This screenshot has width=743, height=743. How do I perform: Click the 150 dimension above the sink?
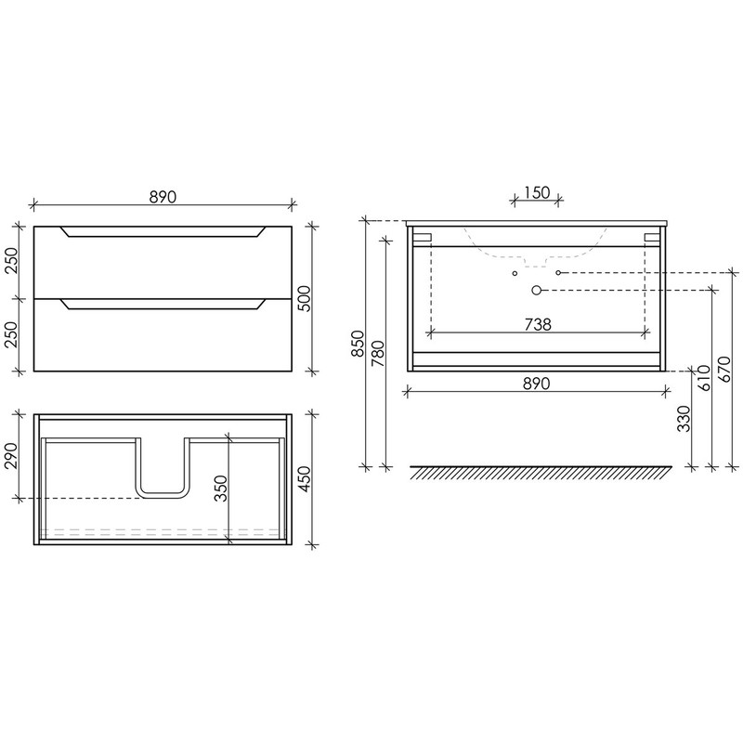[537, 193]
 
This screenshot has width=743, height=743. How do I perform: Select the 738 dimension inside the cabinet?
[538, 324]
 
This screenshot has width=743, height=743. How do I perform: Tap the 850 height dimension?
[358, 344]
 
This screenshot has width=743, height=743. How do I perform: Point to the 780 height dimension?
[379, 354]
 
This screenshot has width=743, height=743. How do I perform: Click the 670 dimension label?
[725, 370]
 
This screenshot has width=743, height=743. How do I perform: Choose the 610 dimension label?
[704, 378]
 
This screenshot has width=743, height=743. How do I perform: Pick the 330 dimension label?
[684, 419]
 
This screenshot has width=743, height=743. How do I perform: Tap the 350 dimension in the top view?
[221, 489]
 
